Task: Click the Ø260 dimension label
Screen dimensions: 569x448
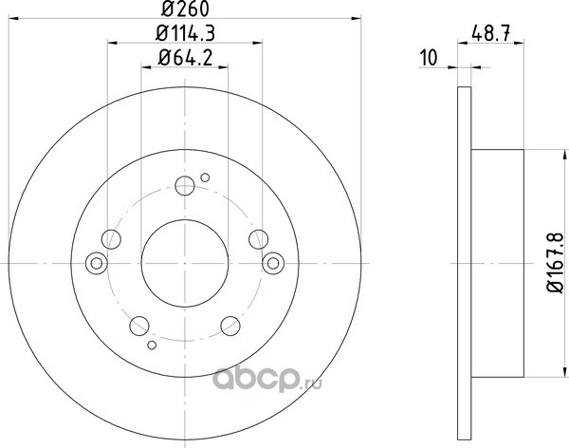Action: [x=185, y=9]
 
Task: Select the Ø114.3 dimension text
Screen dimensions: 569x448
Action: [x=185, y=33]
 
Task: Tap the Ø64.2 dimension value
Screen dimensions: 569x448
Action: [x=185, y=58]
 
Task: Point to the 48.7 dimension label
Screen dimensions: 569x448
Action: [x=491, y=34]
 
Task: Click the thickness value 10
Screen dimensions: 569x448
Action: [x=429, y=58]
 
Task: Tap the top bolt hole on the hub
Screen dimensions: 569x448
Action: [x=185, y=186]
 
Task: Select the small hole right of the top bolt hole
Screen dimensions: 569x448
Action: [x=205, y=177]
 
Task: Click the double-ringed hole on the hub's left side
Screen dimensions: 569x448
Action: [x=97, y=263]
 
